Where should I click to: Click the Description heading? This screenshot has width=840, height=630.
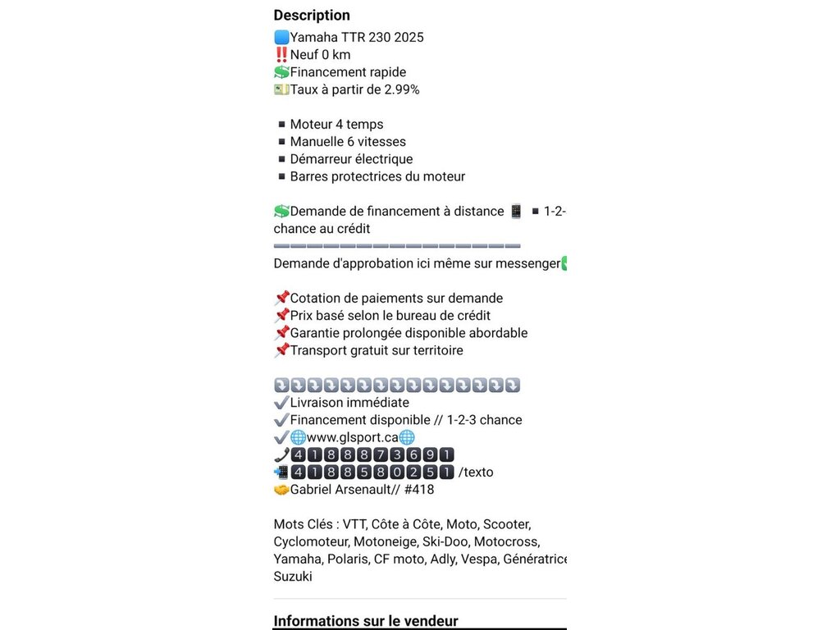pyautogui.click(x=312, y=15)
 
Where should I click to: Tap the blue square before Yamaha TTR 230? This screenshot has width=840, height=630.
pyautogui.click(x=281, y=37)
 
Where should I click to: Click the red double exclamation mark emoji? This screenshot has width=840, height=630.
pyautogui.click(x=281, y=55)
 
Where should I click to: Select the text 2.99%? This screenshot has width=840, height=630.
pyautogui.click(x=402, y=89)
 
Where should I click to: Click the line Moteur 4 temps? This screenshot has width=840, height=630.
pyautogui.click(x=336, y=125)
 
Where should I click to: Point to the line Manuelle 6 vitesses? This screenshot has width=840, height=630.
pyautogui.click(x=348, y=142)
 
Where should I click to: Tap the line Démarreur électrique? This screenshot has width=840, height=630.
pyautogui.click(x=351, y=159)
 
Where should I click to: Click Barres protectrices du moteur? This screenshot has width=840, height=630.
pyautogui.click(x=377, y=176)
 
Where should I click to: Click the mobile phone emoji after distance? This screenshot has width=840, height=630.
pyautogui.click(x=516, y=212)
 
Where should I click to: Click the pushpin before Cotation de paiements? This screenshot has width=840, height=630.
pyautogui.click(x=281, y=298)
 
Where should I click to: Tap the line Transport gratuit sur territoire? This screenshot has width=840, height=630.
pyautogui.click(x=377, y=350)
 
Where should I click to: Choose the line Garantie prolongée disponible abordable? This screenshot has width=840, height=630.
pyautogui.click(x=409, y=333)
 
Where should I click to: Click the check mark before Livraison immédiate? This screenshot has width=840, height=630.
pyautogui.click(x=281, y=403)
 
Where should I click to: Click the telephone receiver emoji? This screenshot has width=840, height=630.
pyautogui.click(x=281, y=454)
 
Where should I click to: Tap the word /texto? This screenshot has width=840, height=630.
pyautogui.click(x=476, y=472)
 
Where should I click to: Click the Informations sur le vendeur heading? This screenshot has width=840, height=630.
pyautogui.click(x=365, y=621)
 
